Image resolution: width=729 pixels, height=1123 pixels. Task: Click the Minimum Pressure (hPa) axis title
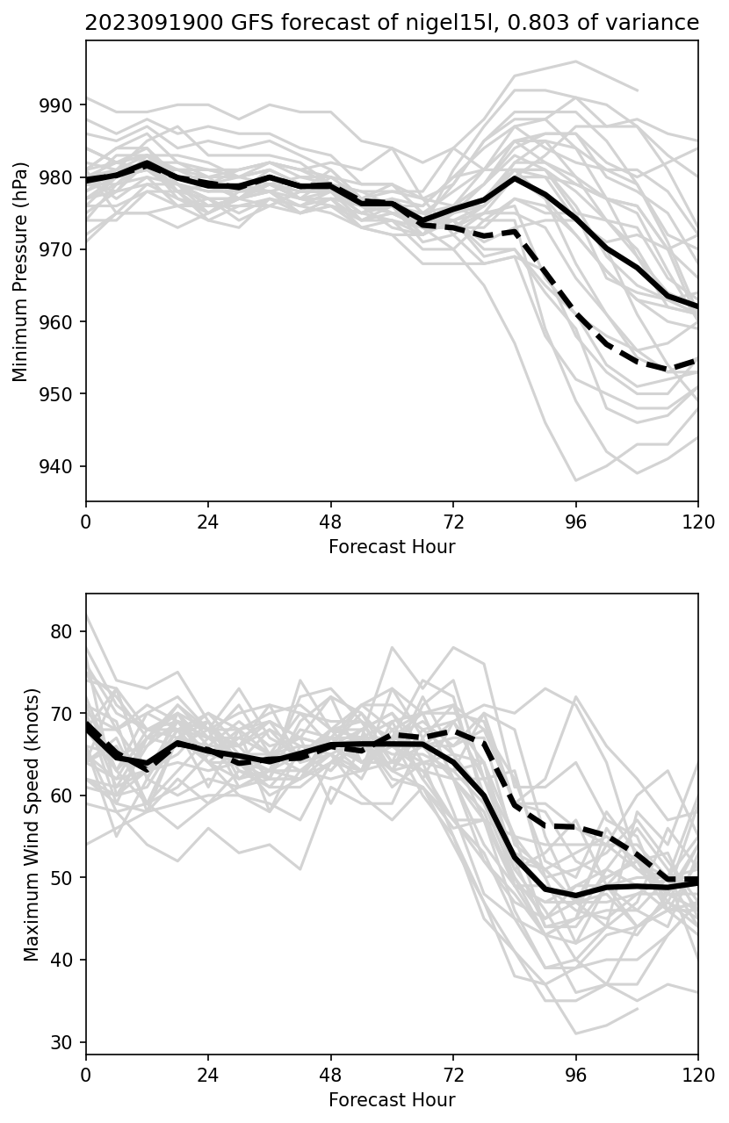click(x=21, y=271)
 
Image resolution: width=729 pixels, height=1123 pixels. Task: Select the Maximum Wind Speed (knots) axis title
click(x=32, y=824)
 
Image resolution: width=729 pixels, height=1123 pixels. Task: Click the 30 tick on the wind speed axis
click(x=65, y=1042)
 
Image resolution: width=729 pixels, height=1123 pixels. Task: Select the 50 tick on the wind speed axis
click(x=65, y=878)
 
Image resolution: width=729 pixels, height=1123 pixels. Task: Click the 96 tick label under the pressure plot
click(x=576, y=521)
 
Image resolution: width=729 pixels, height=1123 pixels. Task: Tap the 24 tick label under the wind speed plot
click(x=208, y=1073)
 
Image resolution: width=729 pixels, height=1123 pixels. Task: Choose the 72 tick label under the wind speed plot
click(x=453, y=1073)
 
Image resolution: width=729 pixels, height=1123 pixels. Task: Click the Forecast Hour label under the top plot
click(x=392, y=547)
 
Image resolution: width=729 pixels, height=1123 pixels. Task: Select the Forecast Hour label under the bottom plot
click(x=392, y=1099)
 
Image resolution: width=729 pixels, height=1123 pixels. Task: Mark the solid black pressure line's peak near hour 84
click(x=515, y=178)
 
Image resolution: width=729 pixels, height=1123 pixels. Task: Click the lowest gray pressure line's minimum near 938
click(x=576, y=480)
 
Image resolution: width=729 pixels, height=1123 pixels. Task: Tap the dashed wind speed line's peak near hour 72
click(x=453, y=730)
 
